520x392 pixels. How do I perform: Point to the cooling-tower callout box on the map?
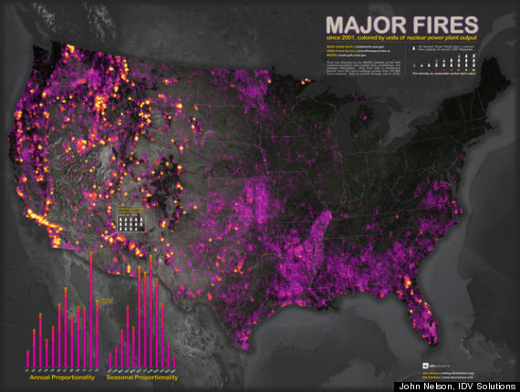coord(126,219)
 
